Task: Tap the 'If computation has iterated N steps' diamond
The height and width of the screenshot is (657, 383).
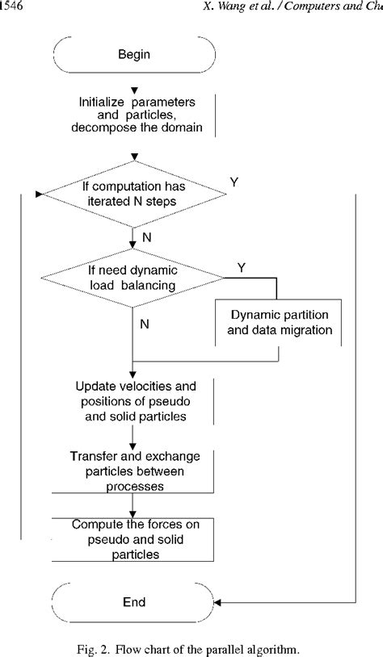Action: (133, 195)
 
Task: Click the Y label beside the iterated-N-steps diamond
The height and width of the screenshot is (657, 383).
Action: (234, 182)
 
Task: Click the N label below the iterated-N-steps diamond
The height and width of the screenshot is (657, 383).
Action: (145, 239)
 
